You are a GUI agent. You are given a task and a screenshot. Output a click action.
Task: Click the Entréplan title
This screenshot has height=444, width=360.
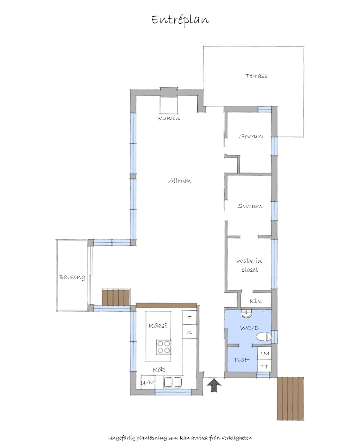click(180, 20)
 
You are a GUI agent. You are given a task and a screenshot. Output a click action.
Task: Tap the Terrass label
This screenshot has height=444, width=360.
click(256, 76)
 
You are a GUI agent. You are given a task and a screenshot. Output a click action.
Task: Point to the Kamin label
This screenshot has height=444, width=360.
click(169, 118)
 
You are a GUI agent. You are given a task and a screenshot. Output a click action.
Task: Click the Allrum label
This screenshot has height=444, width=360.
click(180, 180)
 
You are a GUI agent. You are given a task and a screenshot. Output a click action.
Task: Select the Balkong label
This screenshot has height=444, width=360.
click(72, 277)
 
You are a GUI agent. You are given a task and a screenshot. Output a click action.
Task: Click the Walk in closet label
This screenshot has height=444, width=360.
click(249, 265)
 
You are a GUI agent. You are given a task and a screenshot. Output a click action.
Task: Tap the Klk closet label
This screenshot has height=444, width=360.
click(256, 301)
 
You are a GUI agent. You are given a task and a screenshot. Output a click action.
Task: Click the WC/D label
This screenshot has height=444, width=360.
click(250, 328)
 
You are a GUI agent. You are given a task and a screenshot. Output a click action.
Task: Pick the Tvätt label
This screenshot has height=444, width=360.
click(241, 360)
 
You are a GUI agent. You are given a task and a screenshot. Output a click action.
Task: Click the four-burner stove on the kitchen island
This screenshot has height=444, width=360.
click(164, 347)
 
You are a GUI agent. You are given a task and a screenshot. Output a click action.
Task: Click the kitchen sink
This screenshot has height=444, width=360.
click(173, 382)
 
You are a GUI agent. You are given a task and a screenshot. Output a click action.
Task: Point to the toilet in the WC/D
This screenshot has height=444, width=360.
click(264, 336)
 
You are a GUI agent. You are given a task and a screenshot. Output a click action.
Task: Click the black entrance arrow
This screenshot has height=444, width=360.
click(214, 386)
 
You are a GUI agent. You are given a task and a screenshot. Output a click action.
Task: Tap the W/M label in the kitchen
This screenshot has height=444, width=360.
click(148, 383)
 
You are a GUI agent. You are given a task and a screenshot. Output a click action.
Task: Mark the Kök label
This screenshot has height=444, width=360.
click(159, 370)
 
